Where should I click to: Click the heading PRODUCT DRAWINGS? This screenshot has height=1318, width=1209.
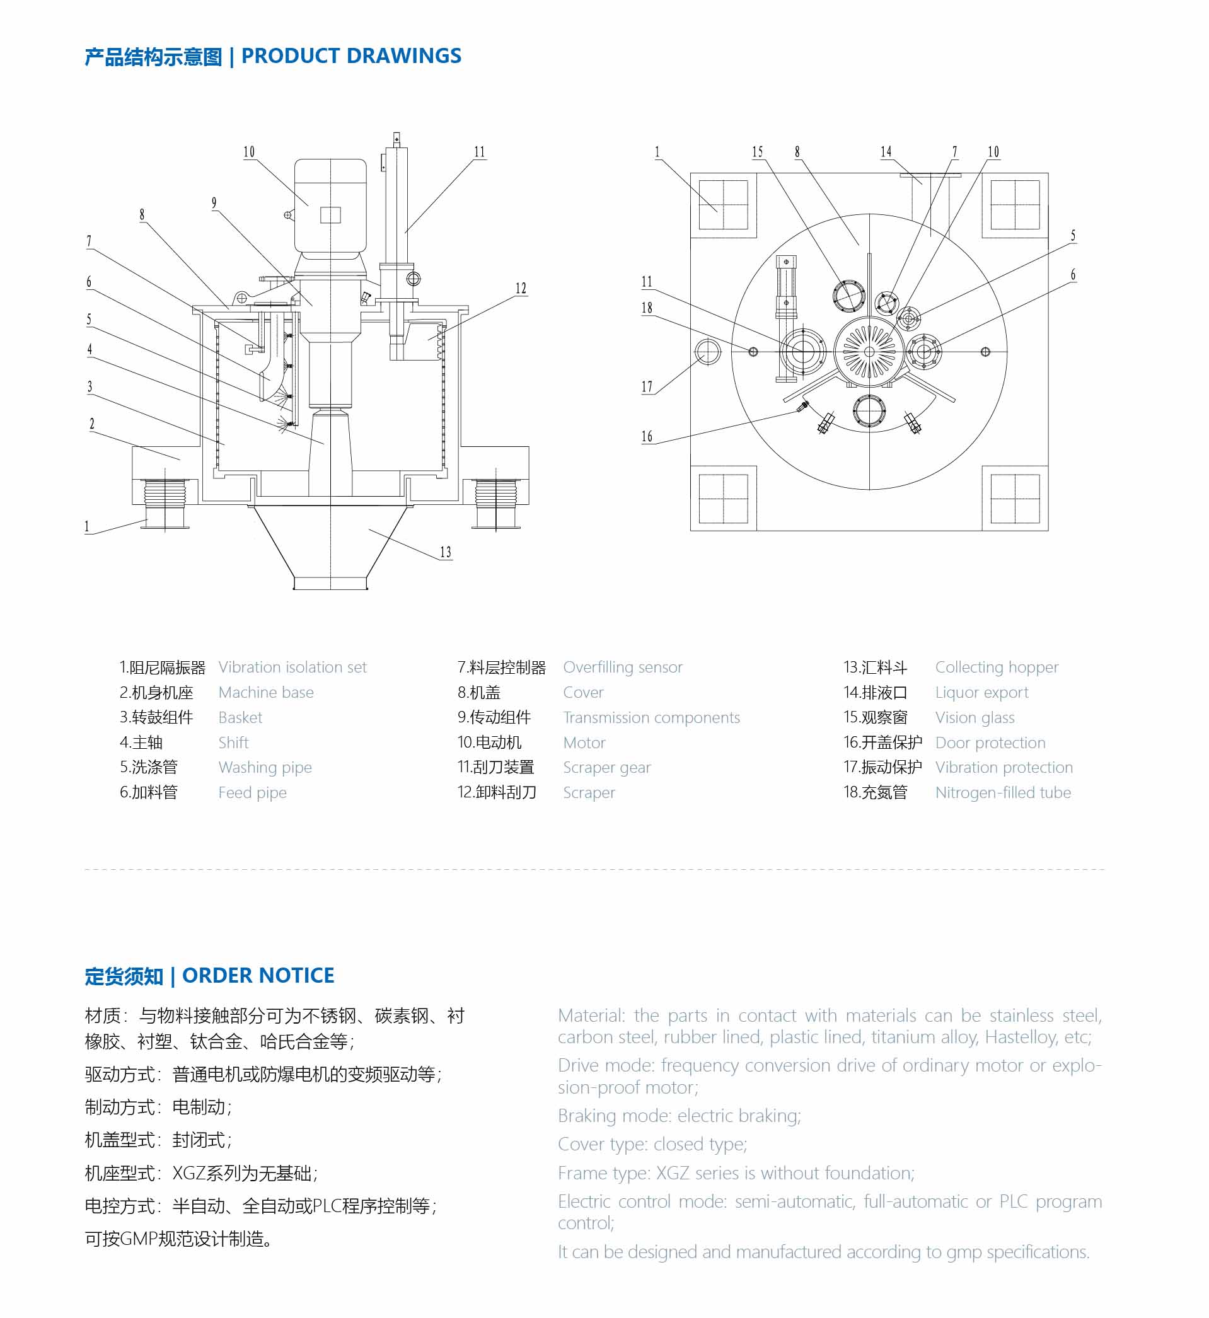[x=351, y=56]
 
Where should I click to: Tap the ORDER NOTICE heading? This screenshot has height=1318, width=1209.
[x=258, y=976]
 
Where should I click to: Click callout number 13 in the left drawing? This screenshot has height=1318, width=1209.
[x=446, y=553]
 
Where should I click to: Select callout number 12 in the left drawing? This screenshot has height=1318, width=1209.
[x=521, y=289]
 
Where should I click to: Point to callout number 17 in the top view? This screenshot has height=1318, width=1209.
[x=647, y=387]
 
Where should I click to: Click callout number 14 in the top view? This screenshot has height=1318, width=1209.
[x=886, y=152]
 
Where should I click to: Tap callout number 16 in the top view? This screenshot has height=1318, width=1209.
[x=647, y=437]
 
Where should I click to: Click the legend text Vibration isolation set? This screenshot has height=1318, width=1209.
[x=292, y=667]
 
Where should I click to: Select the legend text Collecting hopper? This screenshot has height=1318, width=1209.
[x=997, y=667]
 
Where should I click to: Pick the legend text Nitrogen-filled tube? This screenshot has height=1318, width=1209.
[x=1003, y=793]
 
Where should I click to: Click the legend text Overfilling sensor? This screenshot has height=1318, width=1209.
[x=623, y=667]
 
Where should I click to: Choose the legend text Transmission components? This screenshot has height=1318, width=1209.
[x=652, y=717]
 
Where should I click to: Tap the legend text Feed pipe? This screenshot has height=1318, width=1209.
[x=253, y=793]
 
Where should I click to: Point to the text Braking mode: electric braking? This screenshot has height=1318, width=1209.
[x=679, y=1116]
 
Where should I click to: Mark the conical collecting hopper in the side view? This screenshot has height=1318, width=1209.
[x=330, y=543]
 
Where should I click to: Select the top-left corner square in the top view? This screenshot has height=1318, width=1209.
[x=724, y=205]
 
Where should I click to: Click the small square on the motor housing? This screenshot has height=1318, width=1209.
[x=330, y=214]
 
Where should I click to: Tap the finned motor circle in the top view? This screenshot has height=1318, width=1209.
[x=869, y=352]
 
